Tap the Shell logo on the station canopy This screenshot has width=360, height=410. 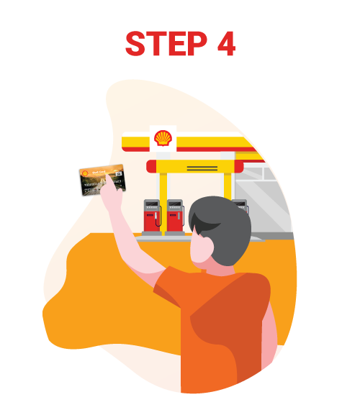pos(163,137)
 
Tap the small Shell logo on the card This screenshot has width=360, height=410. pos(86,173)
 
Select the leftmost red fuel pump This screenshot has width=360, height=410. pos(151,216)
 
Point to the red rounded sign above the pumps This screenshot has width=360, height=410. pos(194,167)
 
